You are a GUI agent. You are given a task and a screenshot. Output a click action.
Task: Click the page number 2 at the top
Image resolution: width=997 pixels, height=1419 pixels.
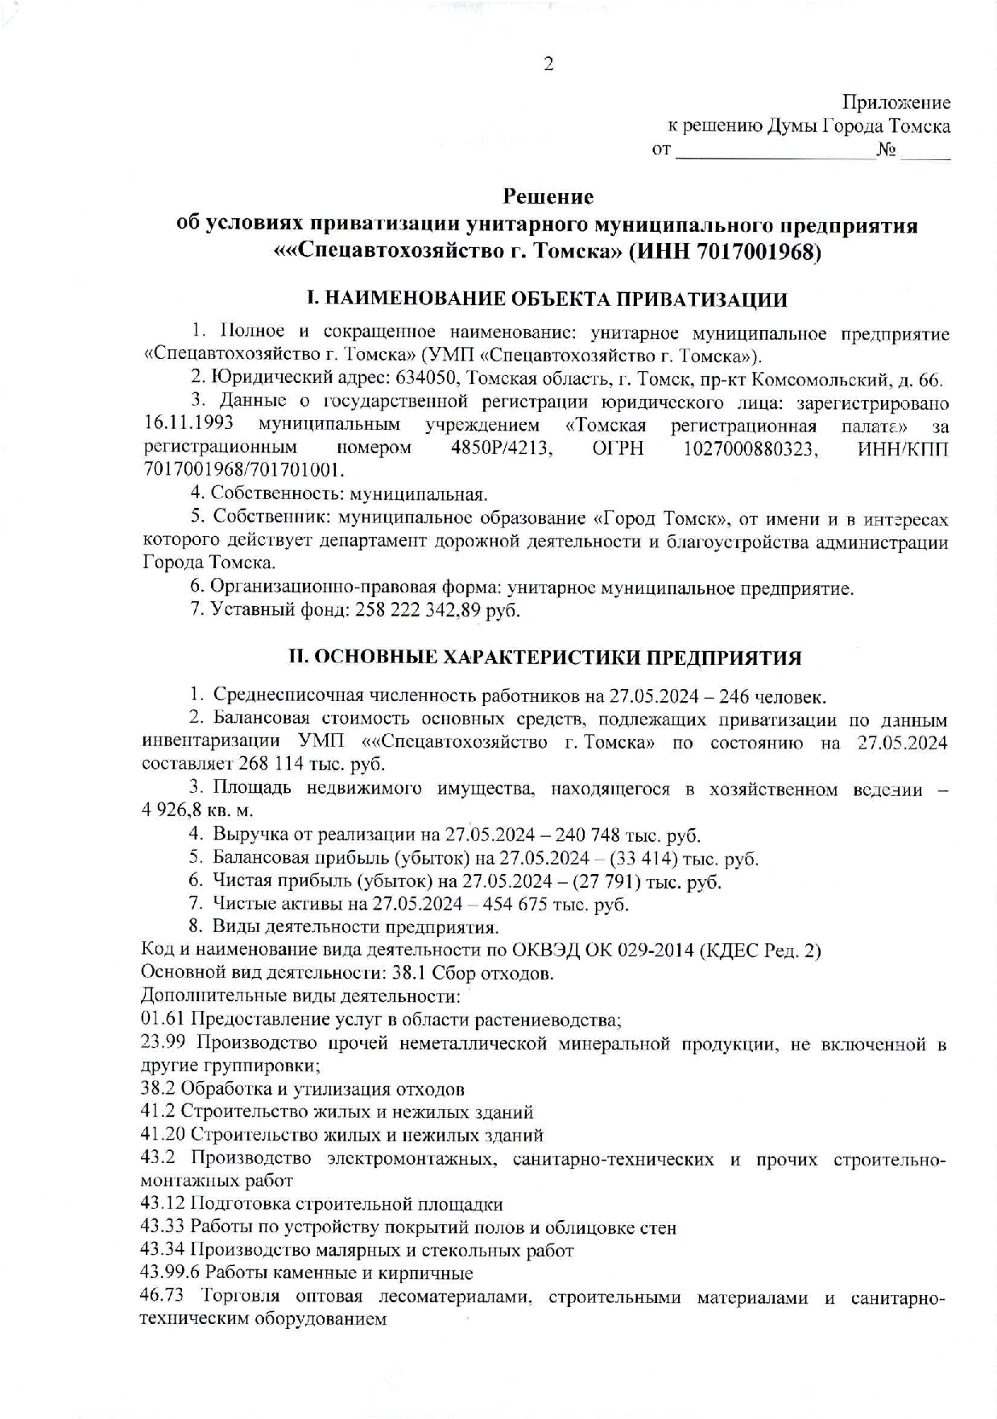coord(548,64)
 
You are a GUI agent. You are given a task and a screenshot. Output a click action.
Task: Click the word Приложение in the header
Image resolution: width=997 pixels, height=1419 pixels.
coord(896,103)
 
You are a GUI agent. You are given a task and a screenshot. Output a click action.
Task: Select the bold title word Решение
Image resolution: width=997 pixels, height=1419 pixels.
coord(548,196)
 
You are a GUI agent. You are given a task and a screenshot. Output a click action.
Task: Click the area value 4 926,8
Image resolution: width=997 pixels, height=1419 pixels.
coord(179,811)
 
